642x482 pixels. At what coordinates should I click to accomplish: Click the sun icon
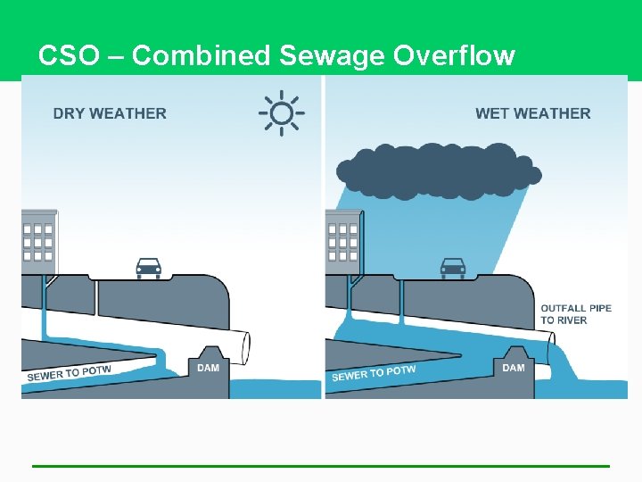click(282, 113)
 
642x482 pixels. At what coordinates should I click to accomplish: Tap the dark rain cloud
click(437, 170)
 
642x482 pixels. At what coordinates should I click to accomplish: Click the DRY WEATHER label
click(110, 113)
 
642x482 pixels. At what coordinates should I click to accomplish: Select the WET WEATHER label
click(532, 113)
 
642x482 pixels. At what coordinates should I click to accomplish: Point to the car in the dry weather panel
click(148, 267)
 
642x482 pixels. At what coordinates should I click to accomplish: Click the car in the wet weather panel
click(453, 267)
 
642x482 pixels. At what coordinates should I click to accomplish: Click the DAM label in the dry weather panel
click(208, 368)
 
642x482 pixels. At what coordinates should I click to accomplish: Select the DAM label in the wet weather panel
click(514, 368)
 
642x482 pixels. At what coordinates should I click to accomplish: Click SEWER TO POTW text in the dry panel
click(70, 373)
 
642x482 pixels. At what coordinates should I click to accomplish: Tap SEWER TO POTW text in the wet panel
click(374, 373)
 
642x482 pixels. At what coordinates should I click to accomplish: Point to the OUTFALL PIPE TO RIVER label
click(576, 314)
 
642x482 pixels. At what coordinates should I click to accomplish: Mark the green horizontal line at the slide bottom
click(321, 466)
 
